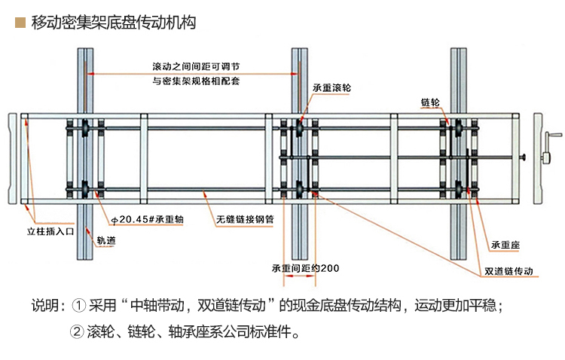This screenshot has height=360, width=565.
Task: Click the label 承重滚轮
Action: [331, 87]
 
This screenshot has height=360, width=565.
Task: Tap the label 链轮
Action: [430, 102]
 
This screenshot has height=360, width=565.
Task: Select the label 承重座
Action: [505, 245]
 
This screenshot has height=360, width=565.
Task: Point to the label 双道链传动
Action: [508, 271]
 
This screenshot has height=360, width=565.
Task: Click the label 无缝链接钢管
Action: [245, 219]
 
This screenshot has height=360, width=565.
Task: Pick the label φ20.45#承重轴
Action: [148, 219]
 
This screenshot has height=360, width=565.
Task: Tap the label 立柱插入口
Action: [50, 231]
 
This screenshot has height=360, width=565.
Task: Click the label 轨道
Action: [106, 240]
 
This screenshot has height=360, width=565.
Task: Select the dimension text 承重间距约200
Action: [306, 268]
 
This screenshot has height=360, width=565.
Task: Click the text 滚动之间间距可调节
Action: [196, 67]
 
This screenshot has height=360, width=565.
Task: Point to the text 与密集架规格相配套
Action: [196, 81]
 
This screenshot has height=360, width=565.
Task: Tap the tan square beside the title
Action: [20, 23]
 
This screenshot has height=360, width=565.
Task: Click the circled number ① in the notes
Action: [79, 306]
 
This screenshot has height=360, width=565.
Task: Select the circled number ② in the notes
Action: [77, 331]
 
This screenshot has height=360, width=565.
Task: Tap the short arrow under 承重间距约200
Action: [299, 276]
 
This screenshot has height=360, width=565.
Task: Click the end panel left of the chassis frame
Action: [13, 159]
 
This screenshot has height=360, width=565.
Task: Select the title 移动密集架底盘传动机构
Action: [114, 23]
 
